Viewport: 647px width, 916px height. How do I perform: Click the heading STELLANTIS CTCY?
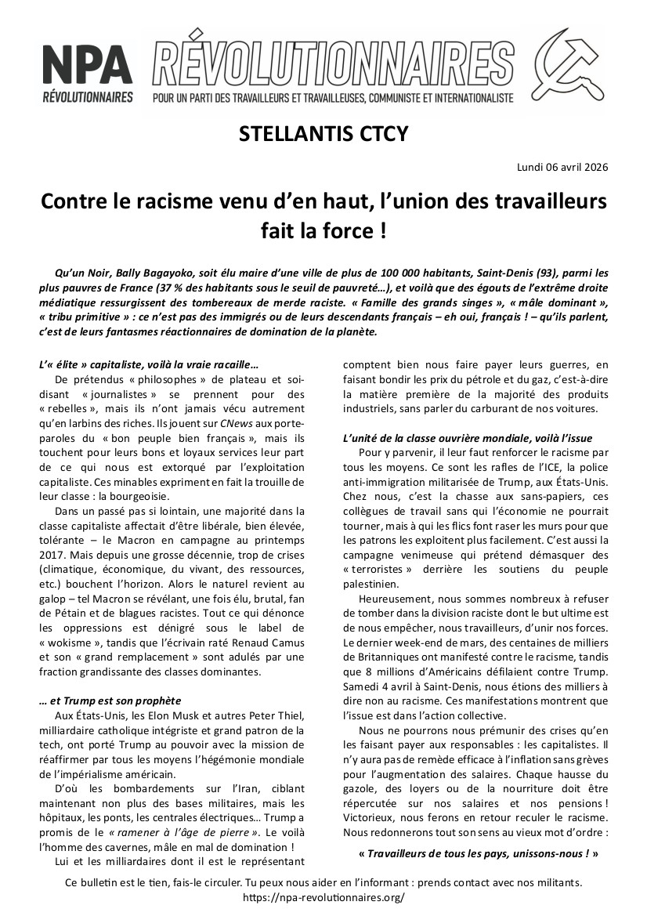[x=323, y=134]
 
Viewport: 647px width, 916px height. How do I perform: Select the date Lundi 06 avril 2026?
[x=563, y=167]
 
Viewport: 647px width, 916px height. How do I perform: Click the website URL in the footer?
[x=323, y=897]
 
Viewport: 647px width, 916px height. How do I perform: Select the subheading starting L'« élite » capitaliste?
[x=147, y=364]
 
